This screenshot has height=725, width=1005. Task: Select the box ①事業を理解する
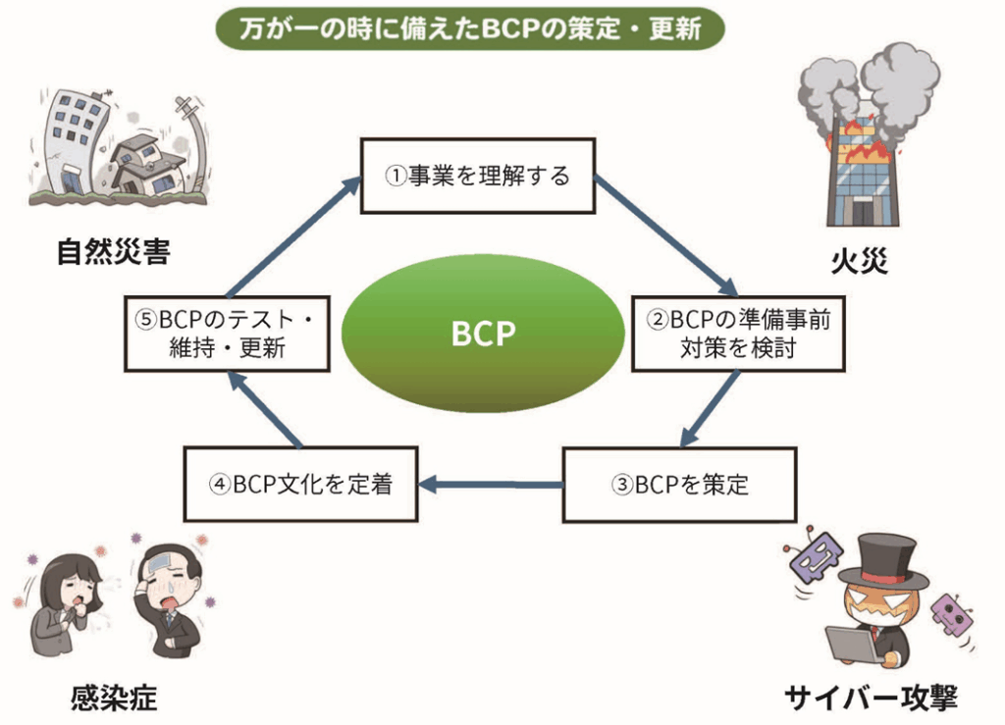(x=478, y=177)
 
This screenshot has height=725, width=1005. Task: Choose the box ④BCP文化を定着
(x=300, y=485)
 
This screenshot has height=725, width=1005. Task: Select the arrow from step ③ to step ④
(x=491, y=484)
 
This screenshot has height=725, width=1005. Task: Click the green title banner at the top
(x=470, y=27)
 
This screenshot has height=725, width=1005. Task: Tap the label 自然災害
(x=113, y=252)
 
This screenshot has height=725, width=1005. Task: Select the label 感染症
(x=113, y=698)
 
